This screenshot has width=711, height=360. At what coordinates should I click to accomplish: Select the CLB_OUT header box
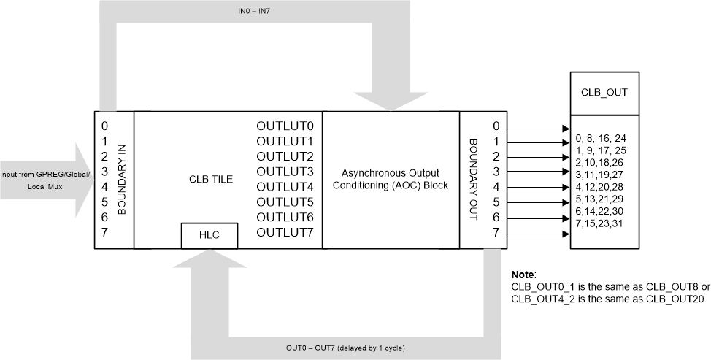pyautogui.click(x=604, y=93)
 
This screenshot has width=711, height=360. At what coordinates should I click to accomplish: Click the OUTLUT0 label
pyautogui.click(x=285, y=125)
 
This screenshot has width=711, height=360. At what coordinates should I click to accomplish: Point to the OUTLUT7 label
pyautogui.click(x=285, y=232)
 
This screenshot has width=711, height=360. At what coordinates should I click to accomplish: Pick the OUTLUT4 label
pyautogui.click(x=285, y=186)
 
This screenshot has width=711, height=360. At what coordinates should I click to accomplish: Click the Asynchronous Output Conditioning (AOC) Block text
pyautogui.click(x=391, y=179)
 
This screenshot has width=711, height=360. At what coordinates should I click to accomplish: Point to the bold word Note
pyautogui.click(x=523, y=275)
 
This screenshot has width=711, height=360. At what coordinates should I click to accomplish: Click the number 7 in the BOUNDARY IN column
pyautogui.click(x=106, y=232)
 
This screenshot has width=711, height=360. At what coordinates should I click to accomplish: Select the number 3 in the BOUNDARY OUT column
pyautogui.click(x=496, y=172)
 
